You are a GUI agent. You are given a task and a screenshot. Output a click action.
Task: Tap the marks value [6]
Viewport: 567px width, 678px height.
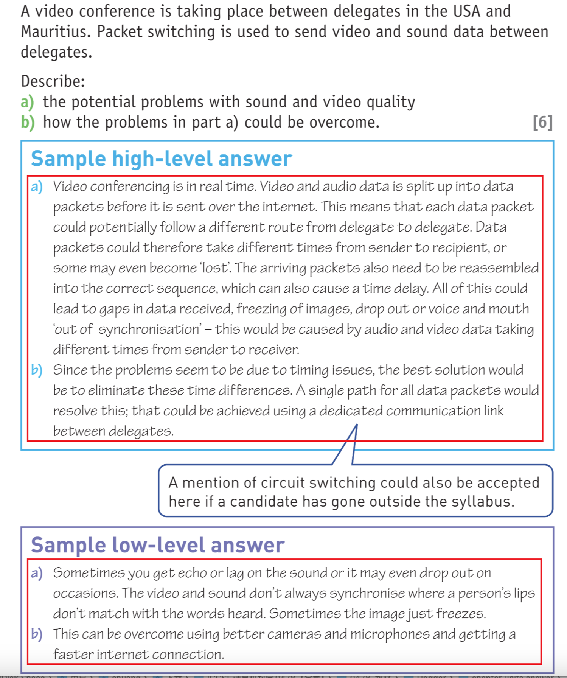coord(542,122)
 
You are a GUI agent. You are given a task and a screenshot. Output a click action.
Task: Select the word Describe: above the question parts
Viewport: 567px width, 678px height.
coord(53,81)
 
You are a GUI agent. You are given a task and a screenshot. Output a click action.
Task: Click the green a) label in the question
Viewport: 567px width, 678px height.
coord(27,102)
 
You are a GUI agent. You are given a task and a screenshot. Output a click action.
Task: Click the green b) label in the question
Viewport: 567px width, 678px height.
coord(28,122)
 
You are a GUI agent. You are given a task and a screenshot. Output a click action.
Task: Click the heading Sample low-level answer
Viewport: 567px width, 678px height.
coord(157,545)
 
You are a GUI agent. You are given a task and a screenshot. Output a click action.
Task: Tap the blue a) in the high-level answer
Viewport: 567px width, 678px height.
coord(37,187)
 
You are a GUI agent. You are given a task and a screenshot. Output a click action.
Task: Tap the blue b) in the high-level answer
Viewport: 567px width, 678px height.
coord(37,370)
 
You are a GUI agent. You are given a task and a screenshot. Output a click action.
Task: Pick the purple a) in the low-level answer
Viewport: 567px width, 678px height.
coord(37,573)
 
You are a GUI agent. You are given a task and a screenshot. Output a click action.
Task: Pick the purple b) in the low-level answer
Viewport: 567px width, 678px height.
coord(37,634)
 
